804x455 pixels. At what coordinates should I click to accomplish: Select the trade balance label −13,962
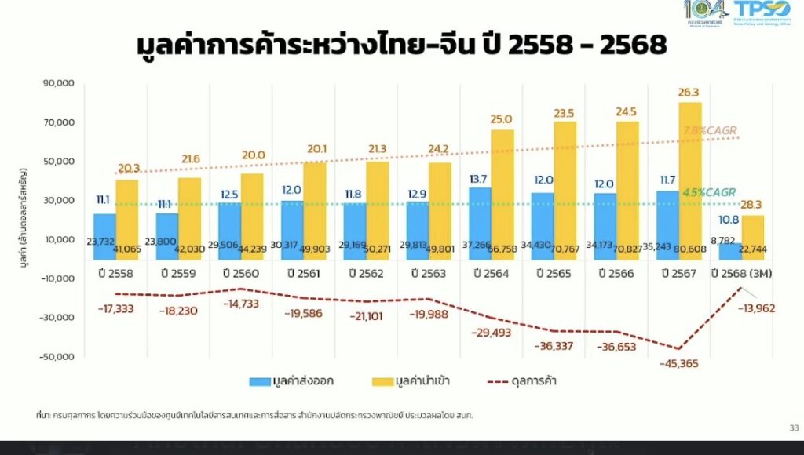point(755,308)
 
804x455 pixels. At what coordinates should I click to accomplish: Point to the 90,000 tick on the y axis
point(57,83)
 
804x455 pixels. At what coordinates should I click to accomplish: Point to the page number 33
point(791,428)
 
